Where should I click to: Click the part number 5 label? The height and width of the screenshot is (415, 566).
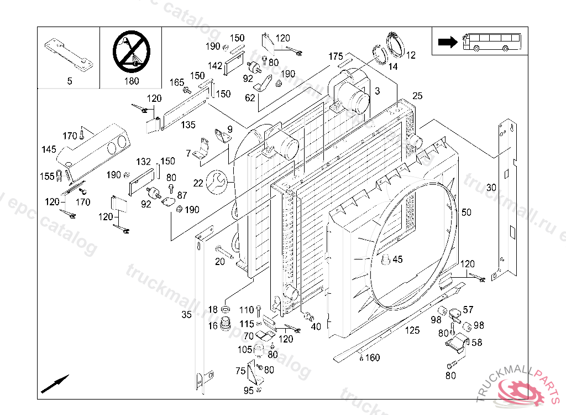[70, 81]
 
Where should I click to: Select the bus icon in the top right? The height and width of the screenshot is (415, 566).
[491, 41]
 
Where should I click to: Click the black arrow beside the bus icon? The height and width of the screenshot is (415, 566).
[446, 41]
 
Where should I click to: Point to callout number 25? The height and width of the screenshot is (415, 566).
[417, 96]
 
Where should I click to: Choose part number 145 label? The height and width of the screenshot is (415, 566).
[49, 149]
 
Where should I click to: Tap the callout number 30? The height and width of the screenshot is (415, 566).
[491, 188]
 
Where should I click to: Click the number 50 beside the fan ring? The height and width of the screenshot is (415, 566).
[467, 212]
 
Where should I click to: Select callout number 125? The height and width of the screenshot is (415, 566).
[412, 331]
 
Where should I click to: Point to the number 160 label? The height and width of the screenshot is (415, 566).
[373, 358]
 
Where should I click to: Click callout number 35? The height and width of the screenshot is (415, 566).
[186, 315]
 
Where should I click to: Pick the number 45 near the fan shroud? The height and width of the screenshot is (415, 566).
[397, 260]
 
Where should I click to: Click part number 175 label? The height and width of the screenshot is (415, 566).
[336, 56]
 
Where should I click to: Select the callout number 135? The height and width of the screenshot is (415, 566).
[188, 125]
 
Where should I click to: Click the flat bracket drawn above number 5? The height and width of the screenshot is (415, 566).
[68, 55]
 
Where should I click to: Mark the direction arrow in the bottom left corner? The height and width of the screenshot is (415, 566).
[55, 383]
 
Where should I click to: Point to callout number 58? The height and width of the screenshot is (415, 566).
[476, 343]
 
